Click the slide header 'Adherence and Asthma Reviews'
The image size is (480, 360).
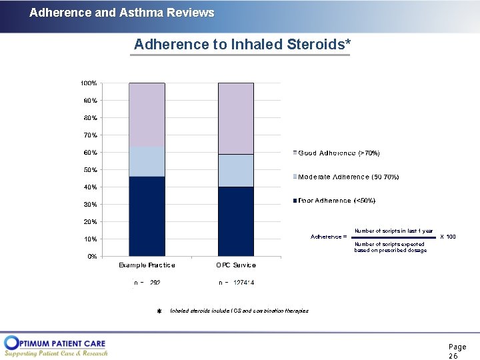(122, 13)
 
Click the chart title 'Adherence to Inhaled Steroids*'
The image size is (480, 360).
(242, 45)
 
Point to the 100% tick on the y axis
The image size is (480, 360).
(89, 83)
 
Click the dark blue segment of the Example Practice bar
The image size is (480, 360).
(147, 216)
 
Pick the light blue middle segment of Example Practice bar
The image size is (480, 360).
(147, 161)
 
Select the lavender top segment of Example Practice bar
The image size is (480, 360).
(147, 115)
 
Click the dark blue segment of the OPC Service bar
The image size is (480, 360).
(235, 221)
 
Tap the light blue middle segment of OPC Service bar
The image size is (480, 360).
(235, 171)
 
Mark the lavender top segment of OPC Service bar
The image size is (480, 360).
(235, 118)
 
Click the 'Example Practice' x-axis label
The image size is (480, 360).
(147, 265)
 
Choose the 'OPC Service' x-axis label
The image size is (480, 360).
(235, 265)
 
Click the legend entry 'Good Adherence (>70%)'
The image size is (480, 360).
(339, 153)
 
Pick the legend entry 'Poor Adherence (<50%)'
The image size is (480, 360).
(337, 201)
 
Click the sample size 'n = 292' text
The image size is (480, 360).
(147, 283)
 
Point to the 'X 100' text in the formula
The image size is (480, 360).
(448, 237)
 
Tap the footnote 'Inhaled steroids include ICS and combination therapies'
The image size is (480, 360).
(239, 311)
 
